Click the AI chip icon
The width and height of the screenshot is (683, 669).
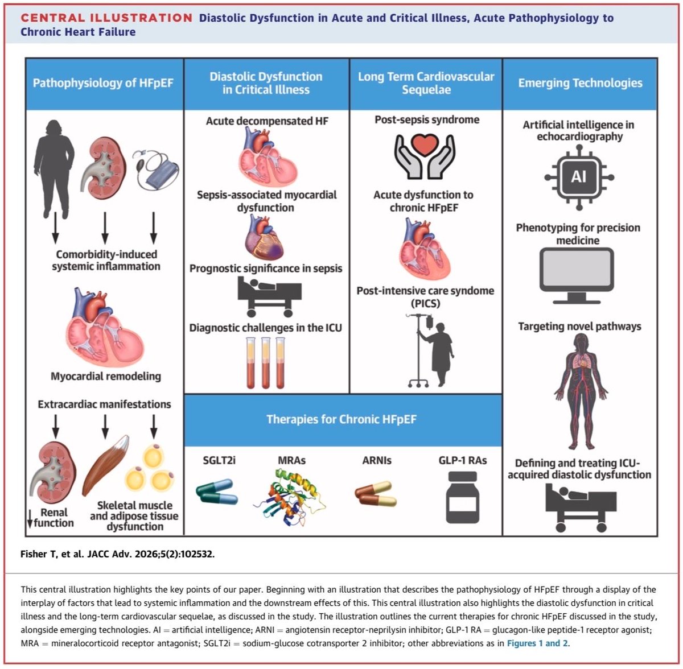(579, 177)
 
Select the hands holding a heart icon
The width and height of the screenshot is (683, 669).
(425, 156)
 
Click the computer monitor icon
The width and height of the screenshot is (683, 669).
(577, 276)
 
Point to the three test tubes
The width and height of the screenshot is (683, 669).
(265, 362)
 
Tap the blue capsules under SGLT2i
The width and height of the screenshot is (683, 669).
(217, 492)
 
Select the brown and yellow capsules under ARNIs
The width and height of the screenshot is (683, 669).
(376, 494)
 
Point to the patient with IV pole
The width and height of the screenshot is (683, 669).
(432, 350)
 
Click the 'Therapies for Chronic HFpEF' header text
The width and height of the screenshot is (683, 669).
(341, 420)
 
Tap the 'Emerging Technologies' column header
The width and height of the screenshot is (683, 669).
(580, 83)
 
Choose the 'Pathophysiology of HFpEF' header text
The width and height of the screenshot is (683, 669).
(103, 83)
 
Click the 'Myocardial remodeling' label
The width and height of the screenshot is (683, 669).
(106, 376)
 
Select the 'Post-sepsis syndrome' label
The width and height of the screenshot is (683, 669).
(427, 119)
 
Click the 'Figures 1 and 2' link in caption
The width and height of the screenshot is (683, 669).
(537, 643)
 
